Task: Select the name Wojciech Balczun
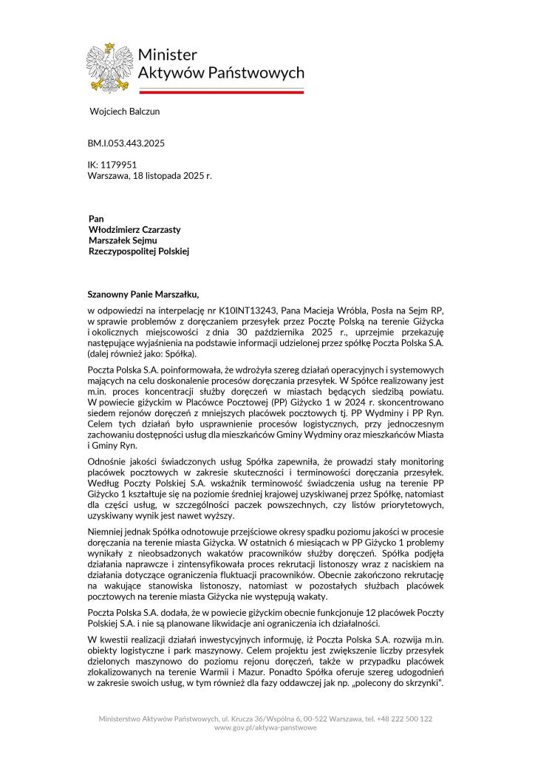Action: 124,112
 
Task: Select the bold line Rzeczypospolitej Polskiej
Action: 139,251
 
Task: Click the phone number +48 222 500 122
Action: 399,719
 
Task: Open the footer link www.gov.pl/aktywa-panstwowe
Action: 265,728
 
